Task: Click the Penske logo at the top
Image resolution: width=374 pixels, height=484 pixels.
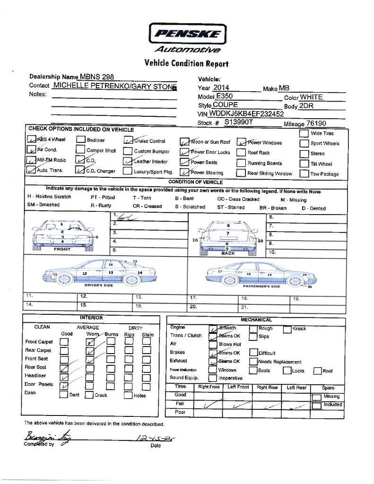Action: pyautogui.click(x=187, y=34)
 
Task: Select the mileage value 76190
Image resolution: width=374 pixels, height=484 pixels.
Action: pyautogui.click(x=316, y=123)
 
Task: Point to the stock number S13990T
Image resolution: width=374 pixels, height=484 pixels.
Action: pyautogui.click(x=239, y=122)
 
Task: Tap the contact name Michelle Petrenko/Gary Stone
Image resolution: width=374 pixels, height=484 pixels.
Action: pyautogui.click(x=115, y=86)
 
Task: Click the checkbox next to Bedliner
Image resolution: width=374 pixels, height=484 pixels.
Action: pyautogui.click(x=81, y=140)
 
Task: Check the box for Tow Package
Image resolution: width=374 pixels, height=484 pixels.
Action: pyautogui.click(x=304, y=173)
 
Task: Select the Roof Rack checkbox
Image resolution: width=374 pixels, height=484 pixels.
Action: pyautogui.click(x=241, y=153)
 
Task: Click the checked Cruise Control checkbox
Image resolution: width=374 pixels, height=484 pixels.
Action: pyautogui.click(x=128, y=140)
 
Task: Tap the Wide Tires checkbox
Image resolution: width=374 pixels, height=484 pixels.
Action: pyautogui.click(x=304, y=133)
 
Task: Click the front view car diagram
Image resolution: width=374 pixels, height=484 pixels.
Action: pyautogui.click(x=63, y=235)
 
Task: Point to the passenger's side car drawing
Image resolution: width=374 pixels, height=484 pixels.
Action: pyautogui.click(x=260, y=274)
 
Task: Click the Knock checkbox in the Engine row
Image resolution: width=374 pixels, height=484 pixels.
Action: pyautogui.click(x=287, y=329)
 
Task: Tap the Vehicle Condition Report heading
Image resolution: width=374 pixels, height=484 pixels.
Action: pyautogui.click(x=186, y=63)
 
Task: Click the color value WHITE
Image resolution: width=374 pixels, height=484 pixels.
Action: pyautogui.click(x=311, y=97)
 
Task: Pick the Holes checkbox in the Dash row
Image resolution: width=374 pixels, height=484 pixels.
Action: pyautogui.click(x=128, y=396)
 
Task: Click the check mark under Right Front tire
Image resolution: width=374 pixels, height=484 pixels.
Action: pyautogui.click(x=210, y=405)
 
